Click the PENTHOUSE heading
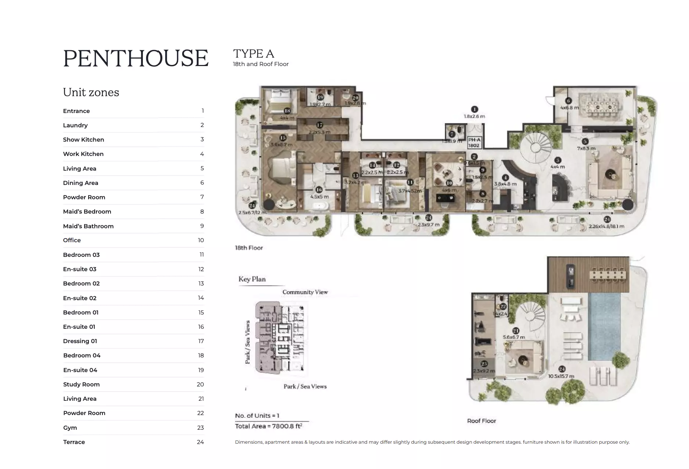pos(136,58)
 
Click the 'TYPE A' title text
pos(253,54)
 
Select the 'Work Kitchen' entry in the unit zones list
pos(83,154)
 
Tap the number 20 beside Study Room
pos(200,384)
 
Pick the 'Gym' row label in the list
pos(70,428)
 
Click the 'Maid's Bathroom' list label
pos(88,226)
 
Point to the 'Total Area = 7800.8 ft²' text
pos(268,426)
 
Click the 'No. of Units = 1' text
pos(257,415)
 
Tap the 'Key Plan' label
pos(252,279)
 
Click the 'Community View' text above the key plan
pos(305,292)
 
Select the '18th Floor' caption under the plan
pos(249,248)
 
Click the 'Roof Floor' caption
pos(481,421)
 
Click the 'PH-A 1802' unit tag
pos(474,143)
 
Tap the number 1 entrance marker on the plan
pos(474,109)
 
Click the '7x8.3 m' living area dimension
pos(586,148)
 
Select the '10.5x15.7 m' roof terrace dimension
pos(561,376)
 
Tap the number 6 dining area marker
pos(569,101)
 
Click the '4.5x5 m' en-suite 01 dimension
pos(319,196)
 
